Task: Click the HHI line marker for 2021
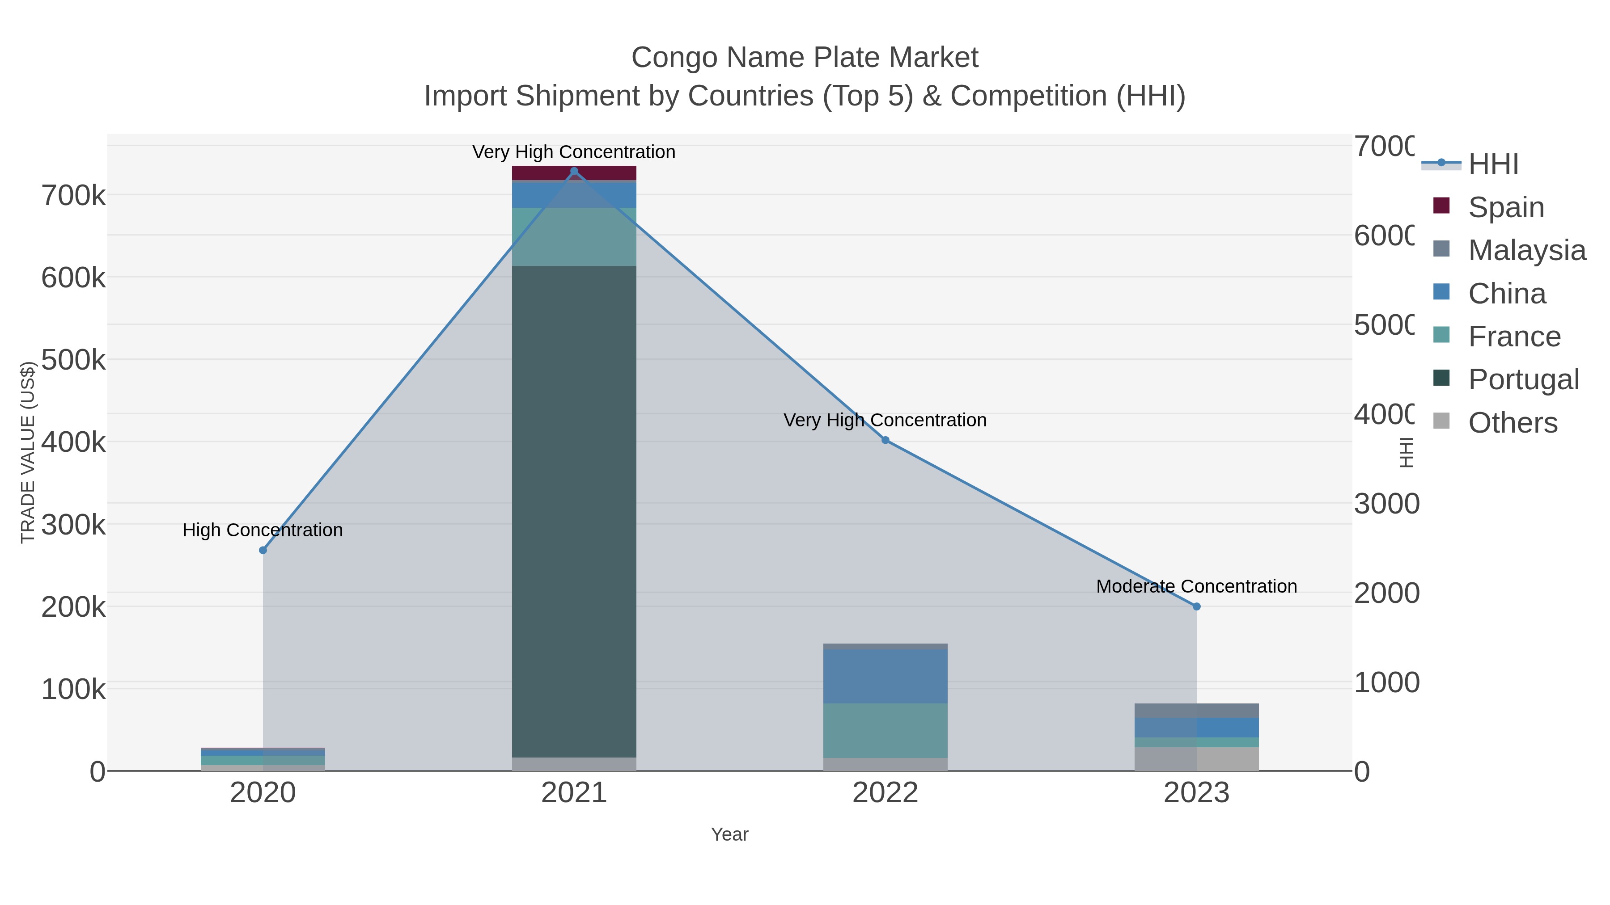tap(574, 171)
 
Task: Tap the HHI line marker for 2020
tap(263, 550)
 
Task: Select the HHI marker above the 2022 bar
tap(885, 440)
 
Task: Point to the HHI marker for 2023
tap(1196, 606)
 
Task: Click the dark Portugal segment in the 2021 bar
tap(574, 512)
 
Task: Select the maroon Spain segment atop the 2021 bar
tap(574, 173)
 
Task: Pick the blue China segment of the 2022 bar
tap(885, 677)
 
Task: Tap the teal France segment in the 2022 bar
tap(885, 730)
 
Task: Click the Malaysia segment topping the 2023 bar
tap(1196, 710)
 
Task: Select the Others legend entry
tap(1512, 423)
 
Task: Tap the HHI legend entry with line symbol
tap(1492, 164)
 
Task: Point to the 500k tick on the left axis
tap(74, 360)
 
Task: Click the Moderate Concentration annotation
tap(1196, 586)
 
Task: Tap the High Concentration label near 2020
tap(263, 530)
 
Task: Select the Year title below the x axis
tap(729, 834)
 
